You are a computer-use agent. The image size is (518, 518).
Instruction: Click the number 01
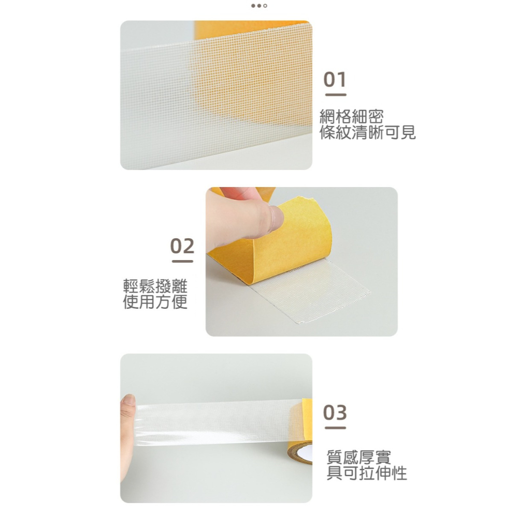point(335,80)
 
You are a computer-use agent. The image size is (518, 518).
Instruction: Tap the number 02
point(182,246)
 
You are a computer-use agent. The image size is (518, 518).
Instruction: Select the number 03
point(335,413)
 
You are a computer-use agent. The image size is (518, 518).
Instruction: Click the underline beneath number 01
point(335,95)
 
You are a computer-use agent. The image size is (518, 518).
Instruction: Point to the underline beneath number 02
point(182,261)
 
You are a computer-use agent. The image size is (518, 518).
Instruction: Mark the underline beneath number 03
point(335,428)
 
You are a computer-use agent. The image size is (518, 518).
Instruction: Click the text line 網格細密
point(352,117)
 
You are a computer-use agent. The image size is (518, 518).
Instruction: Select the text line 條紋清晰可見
point(367,133)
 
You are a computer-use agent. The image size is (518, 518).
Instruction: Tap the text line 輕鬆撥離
point(155,285)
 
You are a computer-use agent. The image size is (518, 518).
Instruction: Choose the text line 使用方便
point(155,301)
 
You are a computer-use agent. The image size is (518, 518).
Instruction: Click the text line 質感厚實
point(358,457)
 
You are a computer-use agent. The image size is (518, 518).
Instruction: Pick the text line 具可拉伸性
point(366,472)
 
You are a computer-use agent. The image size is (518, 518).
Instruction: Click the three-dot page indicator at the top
point(259,6)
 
